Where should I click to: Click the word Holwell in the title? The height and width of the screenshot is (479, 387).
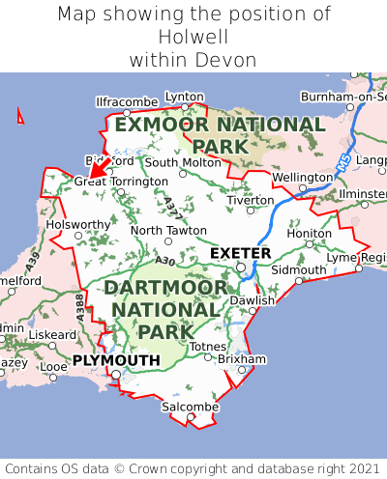click(193, 38)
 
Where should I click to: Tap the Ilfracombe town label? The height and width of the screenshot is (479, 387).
click(127, 101)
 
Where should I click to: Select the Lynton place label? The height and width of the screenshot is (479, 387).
click(185, 97)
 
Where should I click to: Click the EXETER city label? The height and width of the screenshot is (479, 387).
click(240, 253)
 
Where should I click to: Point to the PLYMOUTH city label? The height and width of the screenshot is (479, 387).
click(115, 360)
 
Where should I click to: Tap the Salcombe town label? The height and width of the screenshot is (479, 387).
click(190, 408)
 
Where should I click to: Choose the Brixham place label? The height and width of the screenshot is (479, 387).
click(242, 358)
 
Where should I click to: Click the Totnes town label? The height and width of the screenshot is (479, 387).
click(207, 347)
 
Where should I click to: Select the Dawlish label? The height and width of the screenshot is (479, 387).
click(253, 300)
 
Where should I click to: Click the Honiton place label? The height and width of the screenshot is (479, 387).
click(310, 234)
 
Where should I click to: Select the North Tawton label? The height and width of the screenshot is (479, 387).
click(168, 231)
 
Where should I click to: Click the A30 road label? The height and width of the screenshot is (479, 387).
click(165, 261)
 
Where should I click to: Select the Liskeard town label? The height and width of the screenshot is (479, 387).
click(52, 335)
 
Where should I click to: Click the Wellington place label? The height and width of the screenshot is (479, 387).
click(302, 178)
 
